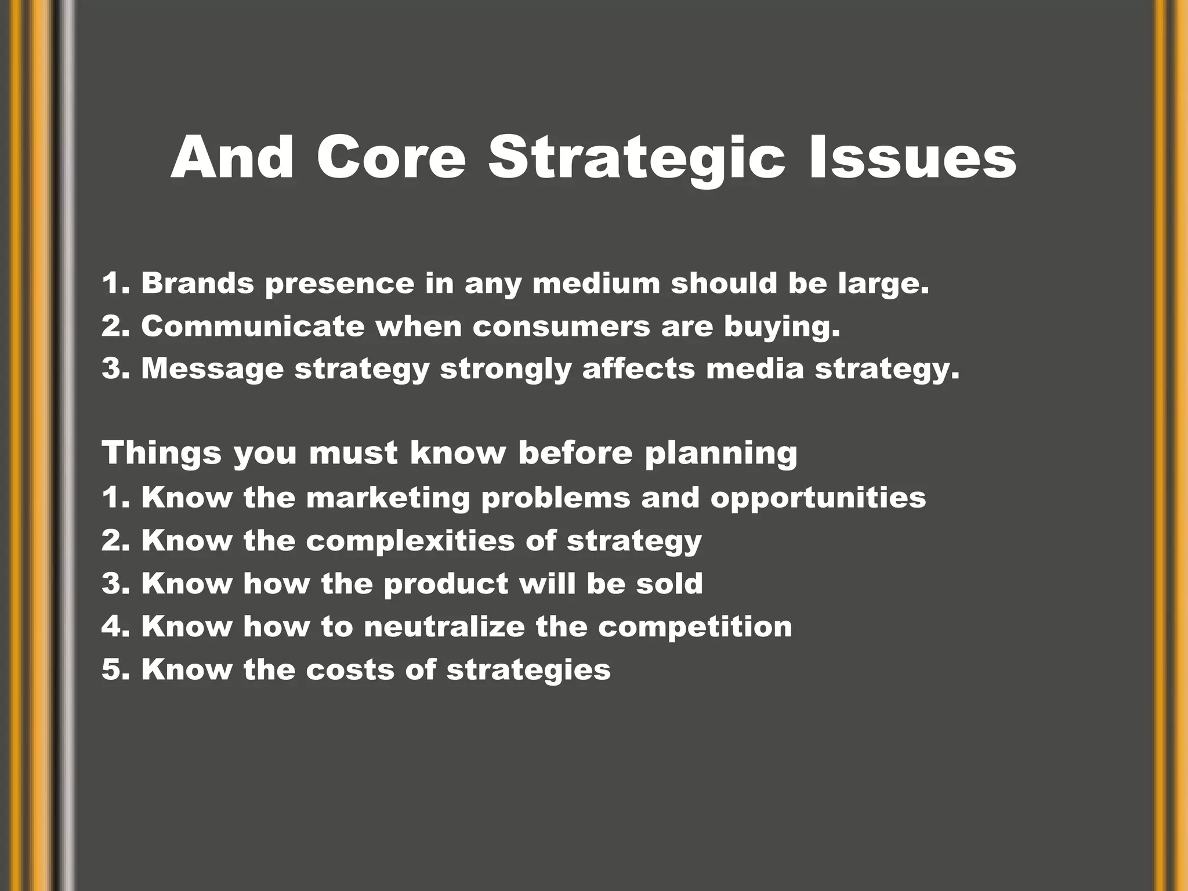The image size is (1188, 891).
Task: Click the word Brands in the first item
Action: click(198, 284)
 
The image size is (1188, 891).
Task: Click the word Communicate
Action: click(253, 326)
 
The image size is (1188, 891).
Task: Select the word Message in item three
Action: click(212, 370)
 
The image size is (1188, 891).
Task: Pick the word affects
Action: click(638, 368)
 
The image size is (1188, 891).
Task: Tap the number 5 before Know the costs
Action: click(110, 670)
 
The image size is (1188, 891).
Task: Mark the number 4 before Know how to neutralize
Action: click(110, 626)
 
